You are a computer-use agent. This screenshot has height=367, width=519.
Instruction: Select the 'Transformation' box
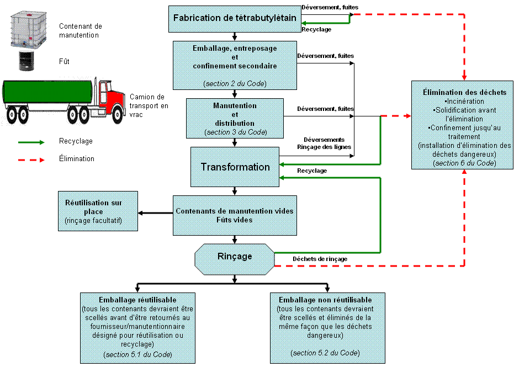235,167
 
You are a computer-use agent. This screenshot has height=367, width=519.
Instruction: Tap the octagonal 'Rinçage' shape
235,257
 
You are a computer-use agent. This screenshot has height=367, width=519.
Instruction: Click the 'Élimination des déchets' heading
463,92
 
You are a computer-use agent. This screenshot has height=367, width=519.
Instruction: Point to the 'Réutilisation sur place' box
97,211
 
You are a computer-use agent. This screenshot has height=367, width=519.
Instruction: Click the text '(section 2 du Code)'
235,83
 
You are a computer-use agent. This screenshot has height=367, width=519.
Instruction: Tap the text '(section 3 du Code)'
235,132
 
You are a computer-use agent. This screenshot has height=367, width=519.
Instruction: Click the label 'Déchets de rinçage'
320,259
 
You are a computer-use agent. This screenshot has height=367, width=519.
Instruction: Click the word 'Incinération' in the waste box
464,101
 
